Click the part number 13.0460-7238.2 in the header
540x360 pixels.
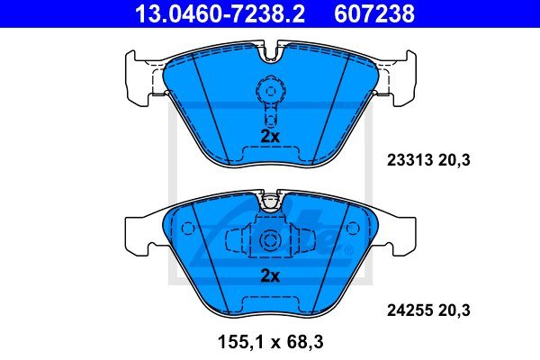click(220, 13)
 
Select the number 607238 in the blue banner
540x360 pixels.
click(374, 13)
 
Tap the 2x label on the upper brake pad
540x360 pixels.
click(270, 137)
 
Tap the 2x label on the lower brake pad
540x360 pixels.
click(270, 275)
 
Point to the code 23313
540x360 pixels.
click(409, 160)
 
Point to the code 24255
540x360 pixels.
click(409, 310)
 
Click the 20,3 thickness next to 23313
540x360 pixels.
click(454, 160)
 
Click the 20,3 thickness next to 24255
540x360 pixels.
click(454, 310)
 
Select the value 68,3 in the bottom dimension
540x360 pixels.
click(304, 342)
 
